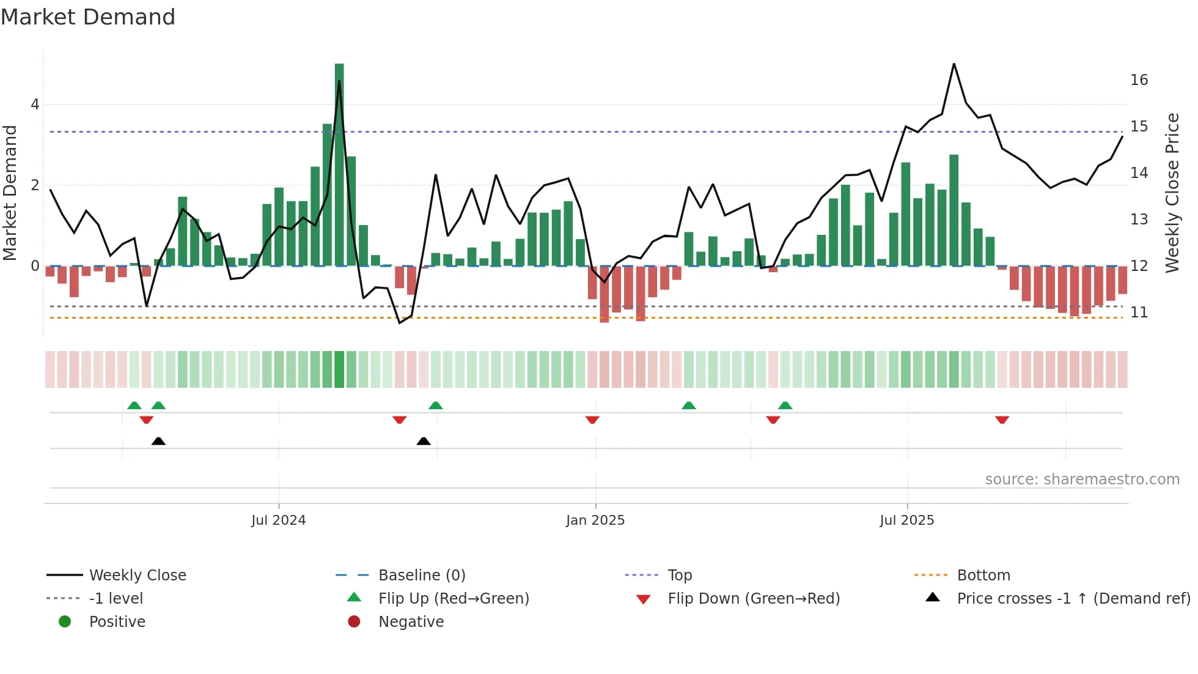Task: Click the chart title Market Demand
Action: point(88,17)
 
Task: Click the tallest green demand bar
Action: point(339,165)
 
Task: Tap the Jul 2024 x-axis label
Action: point(278,520)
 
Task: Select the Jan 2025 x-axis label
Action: point(595,520)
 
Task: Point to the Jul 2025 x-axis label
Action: point(907,520)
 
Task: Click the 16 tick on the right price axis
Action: point(1139,80)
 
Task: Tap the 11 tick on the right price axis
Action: point(1139,313)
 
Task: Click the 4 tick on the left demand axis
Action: point(35,105)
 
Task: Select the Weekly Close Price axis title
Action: point(1172,193)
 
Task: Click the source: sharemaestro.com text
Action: point(1082,480)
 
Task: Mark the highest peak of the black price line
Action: point(954,64)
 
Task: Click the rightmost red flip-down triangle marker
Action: point(1002,420)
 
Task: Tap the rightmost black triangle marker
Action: point(424,441)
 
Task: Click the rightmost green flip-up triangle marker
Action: point(785,406)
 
